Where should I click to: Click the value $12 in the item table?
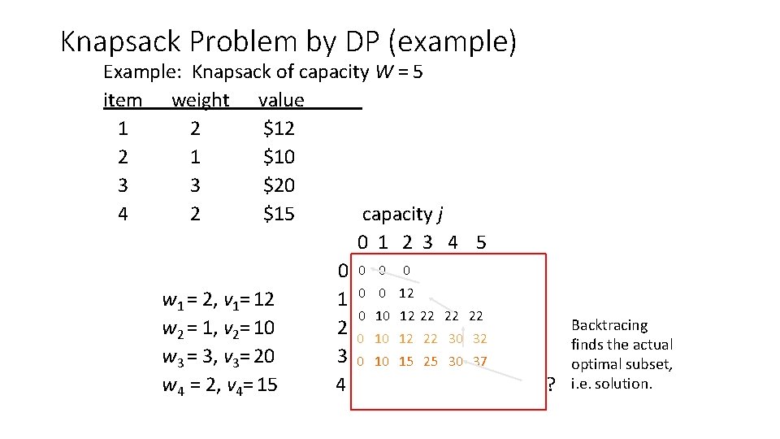pyautogui.click(x=279, y=128)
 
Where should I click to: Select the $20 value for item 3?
pyautogui.click(x=279, y=185)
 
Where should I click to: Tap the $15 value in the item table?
pyautogui.click(x=279, y=215)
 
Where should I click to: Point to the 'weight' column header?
pyautogui.click(x=200, y=100)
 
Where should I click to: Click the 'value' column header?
pyautogui.click(x=280, y=100)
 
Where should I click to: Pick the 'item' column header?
pyautogui.click(x=123, y=100)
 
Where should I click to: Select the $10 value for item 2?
pyautogui.click(x=279, y=157)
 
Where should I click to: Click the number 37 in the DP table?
pyautogui.click(x=479, y=361)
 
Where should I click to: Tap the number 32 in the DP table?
pyautogui.click(x=479, y=338)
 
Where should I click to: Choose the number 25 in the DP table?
pyautogui.click(x=431, y=361)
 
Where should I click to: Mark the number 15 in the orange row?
pyautogui.click(x=406, y=361)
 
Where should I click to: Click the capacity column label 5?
pyautogui.click(x=481, y=242)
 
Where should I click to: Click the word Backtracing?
pyautogui.click(x=609, y=325)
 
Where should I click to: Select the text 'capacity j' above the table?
pyautogui.click(x=402, y=215)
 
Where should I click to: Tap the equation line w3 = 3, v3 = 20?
pyautogui.click(x=219, y=356)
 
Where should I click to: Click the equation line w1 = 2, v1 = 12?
pyautogui.click(x=219, y=301)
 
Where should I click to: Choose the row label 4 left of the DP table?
pyautogui.click(x=342, y=385)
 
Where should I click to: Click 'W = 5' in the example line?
pyautogui.click(x=399, y=72)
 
